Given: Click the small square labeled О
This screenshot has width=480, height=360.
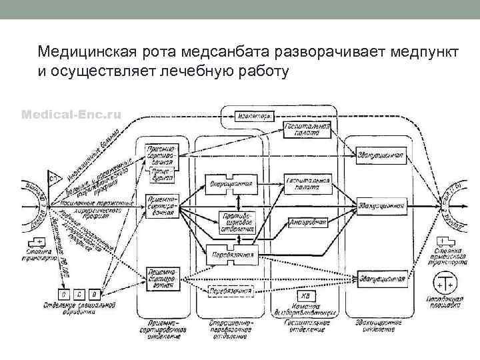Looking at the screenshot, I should coord(64,293).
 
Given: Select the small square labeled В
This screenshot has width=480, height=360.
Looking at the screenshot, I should coord(94,293).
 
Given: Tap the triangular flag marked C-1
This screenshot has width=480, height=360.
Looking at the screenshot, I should coord(54,179).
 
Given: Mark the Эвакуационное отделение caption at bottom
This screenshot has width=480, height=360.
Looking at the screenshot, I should coord(380,325).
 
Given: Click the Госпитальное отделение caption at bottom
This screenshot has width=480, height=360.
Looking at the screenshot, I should coord(307,325).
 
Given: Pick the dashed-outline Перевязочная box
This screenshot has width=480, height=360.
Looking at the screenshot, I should coord(231,291).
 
